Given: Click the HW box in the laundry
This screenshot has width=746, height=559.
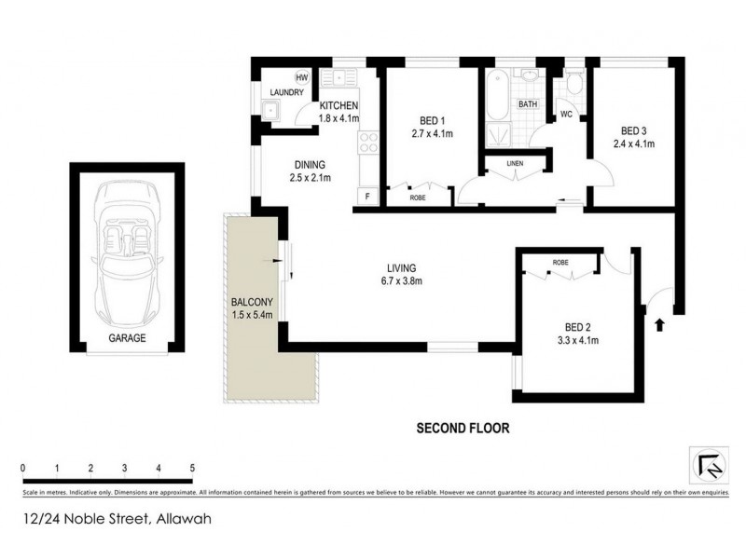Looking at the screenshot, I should tap(302, 77).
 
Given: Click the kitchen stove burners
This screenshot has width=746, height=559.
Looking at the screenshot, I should tap(367, 144).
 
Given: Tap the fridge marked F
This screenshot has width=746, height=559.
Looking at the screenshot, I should tap(367, 197).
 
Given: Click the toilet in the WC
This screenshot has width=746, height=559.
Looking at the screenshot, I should tap(573, 87).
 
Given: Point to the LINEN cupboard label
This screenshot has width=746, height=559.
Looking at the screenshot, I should tap(515, 164).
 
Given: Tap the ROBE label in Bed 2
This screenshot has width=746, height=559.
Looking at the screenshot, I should tap(559, 263).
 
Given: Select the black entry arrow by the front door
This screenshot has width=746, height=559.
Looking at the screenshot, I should tap(660, 325).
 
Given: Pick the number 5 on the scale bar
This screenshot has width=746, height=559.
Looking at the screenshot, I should tap(192, 468).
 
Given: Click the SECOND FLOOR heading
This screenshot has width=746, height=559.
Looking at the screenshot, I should tap(463, 429).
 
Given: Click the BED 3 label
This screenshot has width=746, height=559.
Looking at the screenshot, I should tap(634, 130).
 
